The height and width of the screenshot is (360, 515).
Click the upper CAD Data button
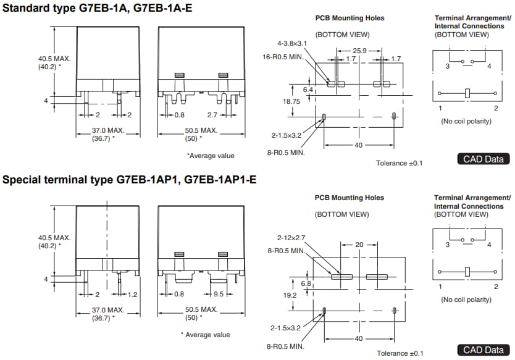point(484,159)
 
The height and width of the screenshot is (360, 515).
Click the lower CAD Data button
point(484,350)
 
